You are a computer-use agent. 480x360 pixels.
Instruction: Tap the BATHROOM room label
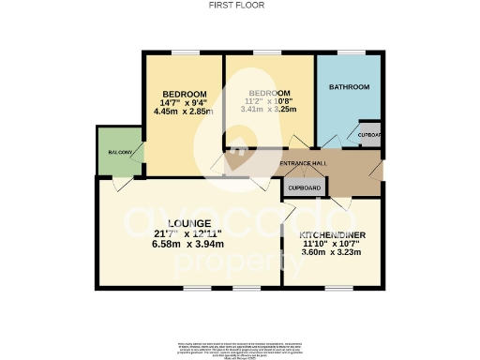349,87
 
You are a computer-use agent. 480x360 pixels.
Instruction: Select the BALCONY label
118,152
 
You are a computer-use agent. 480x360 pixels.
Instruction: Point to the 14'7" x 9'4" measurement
184,103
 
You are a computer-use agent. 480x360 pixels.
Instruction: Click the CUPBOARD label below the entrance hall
304,187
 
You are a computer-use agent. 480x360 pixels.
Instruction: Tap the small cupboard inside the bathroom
369,133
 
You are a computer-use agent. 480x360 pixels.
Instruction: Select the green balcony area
117,155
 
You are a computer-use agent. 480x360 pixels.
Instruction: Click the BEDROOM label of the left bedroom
184,94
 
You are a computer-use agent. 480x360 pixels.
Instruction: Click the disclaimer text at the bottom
239,344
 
